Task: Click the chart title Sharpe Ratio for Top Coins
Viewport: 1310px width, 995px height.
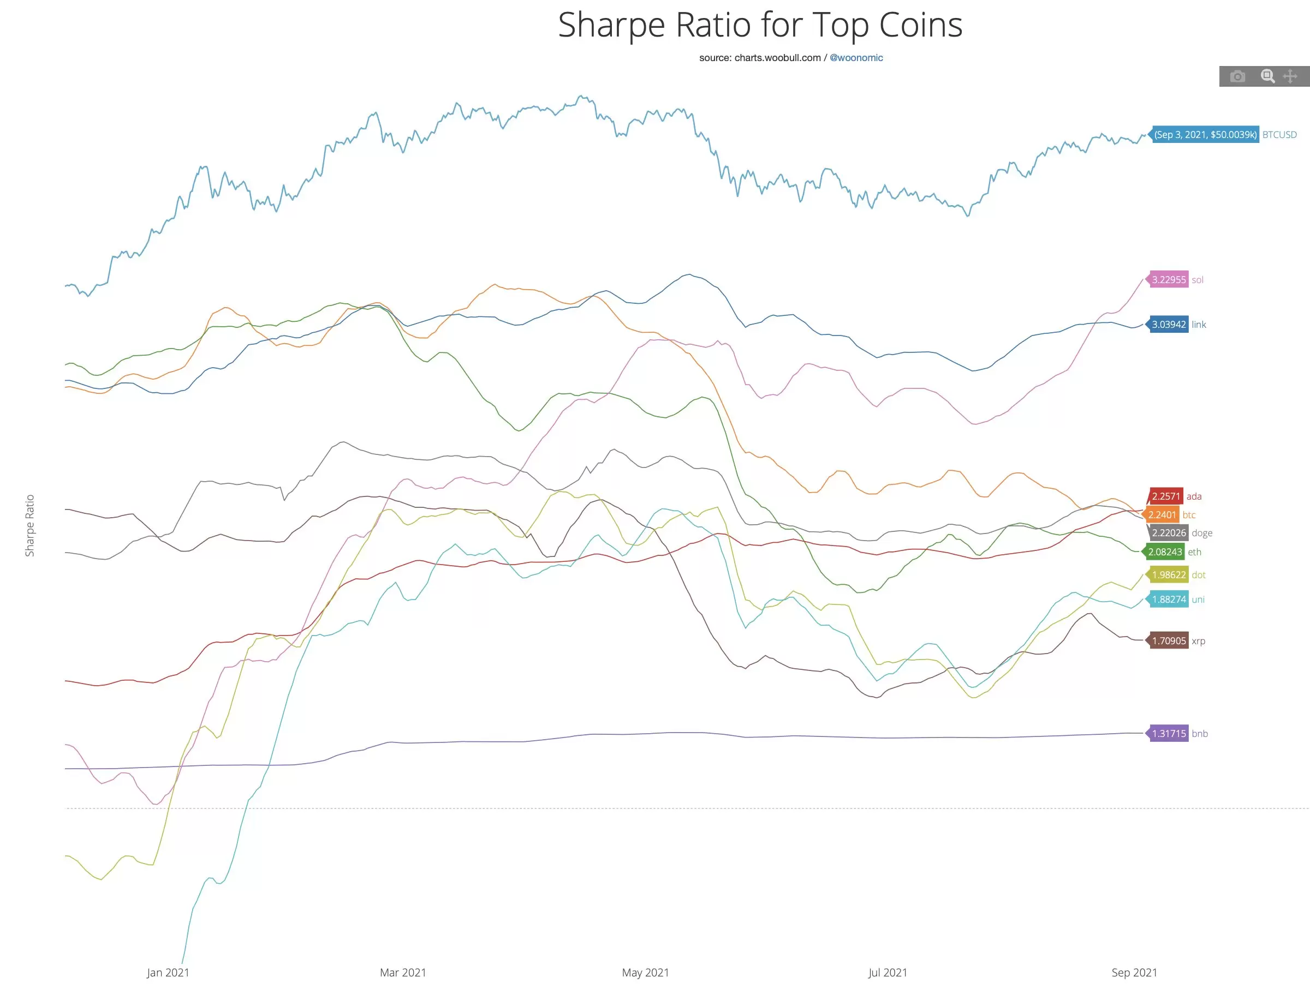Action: coord(760,26)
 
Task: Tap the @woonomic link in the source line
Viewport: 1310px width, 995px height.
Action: coord(856,58)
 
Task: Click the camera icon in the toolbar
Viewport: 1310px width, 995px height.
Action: coord(1237,76)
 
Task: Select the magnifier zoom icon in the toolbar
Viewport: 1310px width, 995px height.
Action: coord(1267,76)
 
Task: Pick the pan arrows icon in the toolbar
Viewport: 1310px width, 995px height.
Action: coord(1290,76)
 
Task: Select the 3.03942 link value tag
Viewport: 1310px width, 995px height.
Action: coord(1169,325)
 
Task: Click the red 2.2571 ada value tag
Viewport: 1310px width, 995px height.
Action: coord(1165,496)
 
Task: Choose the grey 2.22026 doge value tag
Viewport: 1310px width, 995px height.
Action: coord(1169,533)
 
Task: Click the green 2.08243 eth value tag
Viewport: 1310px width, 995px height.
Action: coord(1164,552)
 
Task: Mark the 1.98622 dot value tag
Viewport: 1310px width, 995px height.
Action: coord(1169,575)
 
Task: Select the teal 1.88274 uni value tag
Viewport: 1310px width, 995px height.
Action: coord(1169,600)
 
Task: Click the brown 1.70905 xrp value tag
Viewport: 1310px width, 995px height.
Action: coord(1169,641)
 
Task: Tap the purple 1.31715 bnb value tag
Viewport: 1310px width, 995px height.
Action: coord(1169,734)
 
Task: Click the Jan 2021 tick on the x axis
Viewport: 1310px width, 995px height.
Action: coord(168,973)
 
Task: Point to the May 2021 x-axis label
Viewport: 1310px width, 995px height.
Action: coord(645,973)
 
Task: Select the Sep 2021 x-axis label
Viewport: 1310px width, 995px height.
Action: coord(1134,973)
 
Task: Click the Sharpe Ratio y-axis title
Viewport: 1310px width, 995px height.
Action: coord(29,525)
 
